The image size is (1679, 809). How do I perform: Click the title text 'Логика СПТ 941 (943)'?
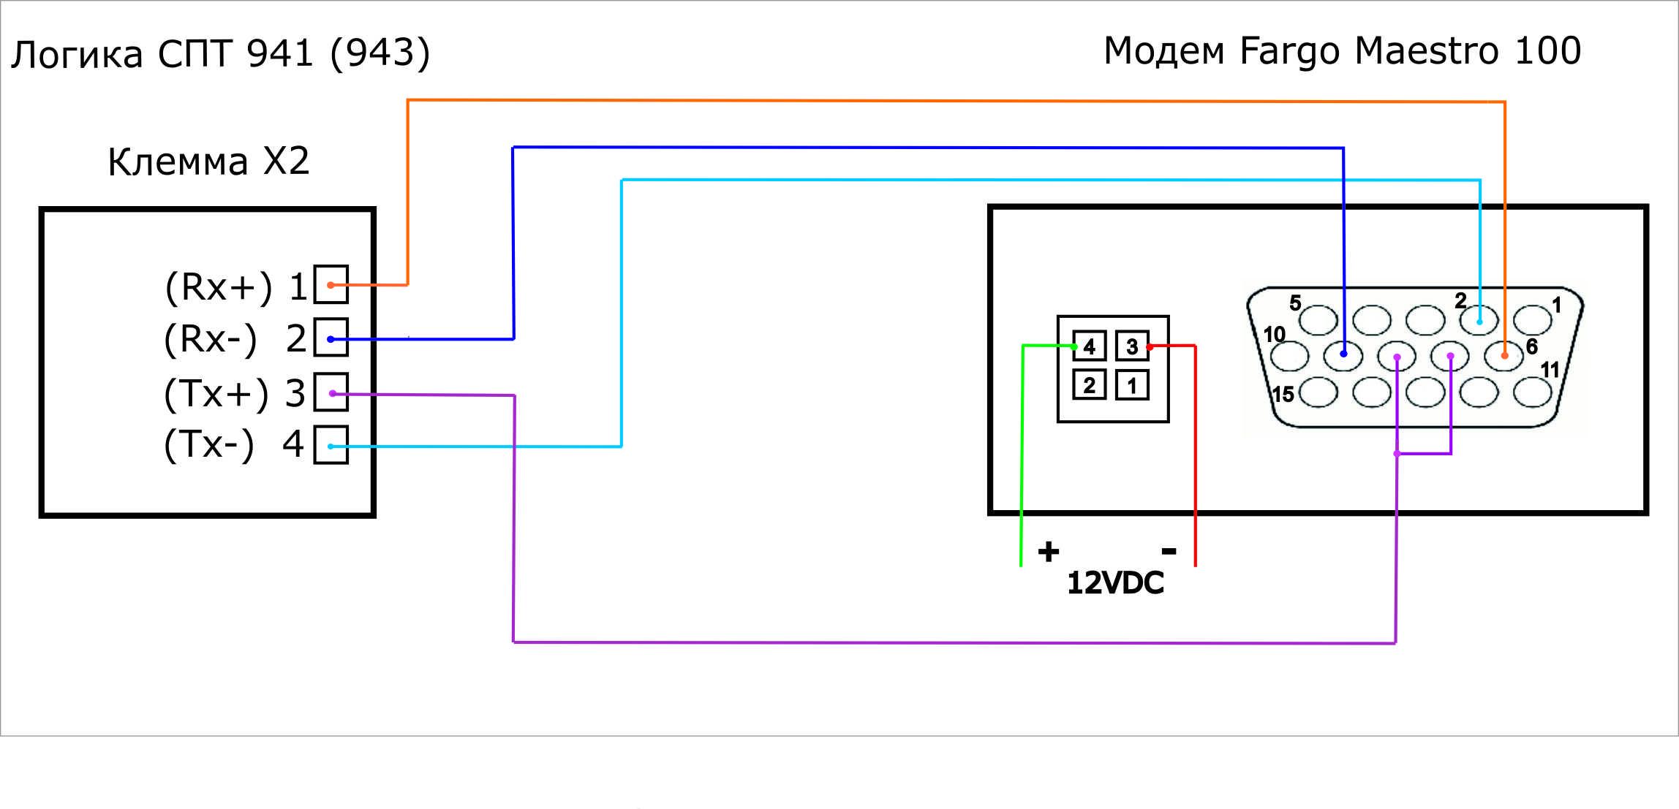point(221,53)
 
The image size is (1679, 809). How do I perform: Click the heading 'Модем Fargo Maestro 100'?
point(1343,51)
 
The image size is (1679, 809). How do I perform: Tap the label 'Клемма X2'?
point(208,162)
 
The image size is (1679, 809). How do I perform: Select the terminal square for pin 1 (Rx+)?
point(331,284)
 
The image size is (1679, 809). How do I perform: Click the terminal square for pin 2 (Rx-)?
point(331,338)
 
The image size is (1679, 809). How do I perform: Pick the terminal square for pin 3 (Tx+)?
point(331,392)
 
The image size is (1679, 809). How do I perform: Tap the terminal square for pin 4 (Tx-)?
point(331,445)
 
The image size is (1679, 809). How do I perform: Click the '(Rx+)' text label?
point(219,286)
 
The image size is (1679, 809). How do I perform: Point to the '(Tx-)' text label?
point(209,444)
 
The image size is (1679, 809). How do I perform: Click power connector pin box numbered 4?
point(1089,346)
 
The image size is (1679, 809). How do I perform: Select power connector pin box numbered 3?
point(1132,346)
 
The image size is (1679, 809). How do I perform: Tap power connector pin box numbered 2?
point(1089,385)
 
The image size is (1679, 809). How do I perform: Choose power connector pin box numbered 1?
point(1132,385)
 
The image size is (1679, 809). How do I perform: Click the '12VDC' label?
point(1115,583)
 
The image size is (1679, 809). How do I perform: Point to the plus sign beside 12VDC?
point(1048,552)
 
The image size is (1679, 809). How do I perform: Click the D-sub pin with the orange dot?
point(1503,356)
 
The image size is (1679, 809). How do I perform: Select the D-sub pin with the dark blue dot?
point(1343,356)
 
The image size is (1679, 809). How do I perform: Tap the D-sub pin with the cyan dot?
point(1479,320)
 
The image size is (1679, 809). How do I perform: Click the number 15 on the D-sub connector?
point(1283,395)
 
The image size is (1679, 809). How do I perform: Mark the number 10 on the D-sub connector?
point(1275,335)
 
